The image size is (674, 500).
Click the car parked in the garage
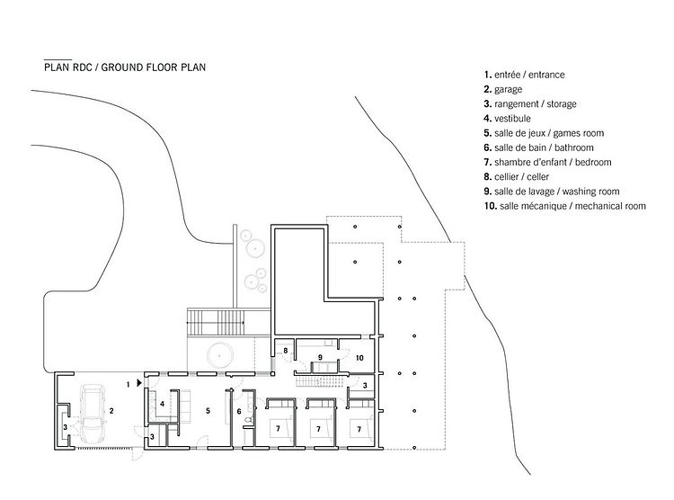[93, 415]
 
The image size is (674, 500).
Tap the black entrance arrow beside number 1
[138, 382]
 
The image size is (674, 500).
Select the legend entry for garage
[503, 89]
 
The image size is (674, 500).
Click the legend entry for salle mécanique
[565, 206]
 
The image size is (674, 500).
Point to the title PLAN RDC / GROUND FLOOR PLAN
[125, 67]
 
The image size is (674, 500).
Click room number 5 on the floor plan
[208, 411]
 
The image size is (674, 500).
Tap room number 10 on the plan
[359, 358]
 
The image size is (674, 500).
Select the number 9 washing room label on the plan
[320, 357]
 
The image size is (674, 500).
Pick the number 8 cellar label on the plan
[286, 351]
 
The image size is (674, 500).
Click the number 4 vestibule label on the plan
[162, 404]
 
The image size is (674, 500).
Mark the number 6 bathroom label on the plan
[239, 411]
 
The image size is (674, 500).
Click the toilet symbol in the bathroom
[248, 420]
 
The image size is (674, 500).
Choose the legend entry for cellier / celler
[516, 176]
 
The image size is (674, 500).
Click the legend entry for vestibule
[507, 119]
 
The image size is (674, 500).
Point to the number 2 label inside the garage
[111, 411]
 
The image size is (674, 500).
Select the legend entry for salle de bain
[538, 147]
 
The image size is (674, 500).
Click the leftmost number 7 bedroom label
[278, 429]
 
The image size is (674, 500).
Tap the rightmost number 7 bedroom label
[359, 429]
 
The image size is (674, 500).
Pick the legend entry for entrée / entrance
[524, 75]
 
